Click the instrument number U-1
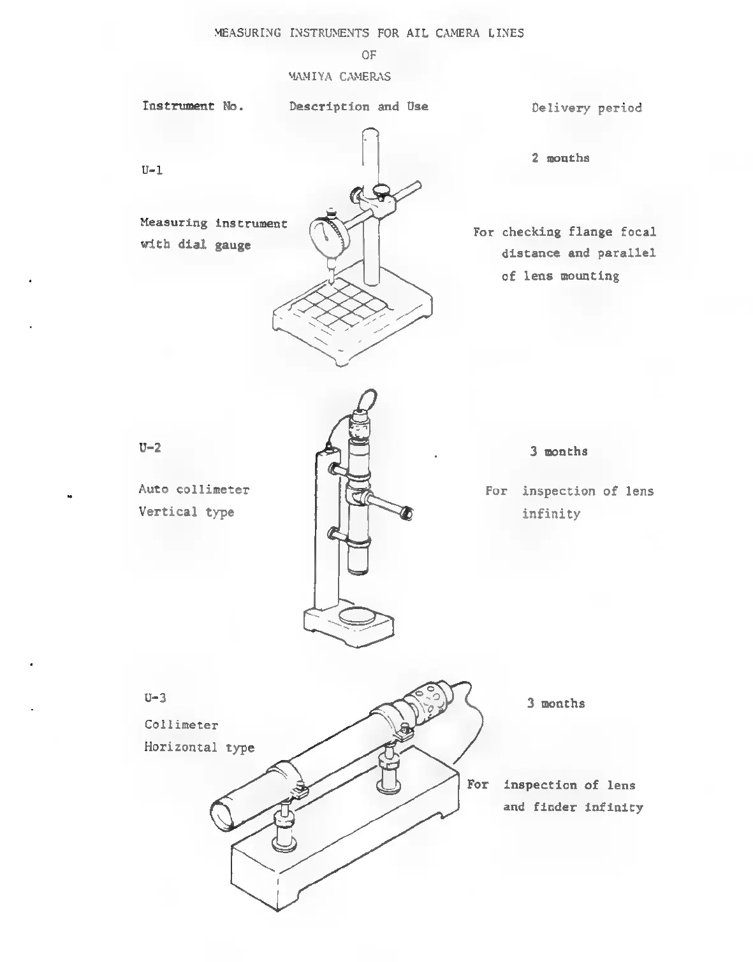click(152, 171)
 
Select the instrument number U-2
click(150, 447)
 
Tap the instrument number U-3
click(156, 697)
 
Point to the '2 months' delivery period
click(560, 158)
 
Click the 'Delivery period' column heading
click(587, 108)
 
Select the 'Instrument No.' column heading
click(193, 106)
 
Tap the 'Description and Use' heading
click(358, 106)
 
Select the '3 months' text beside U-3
click(555, 703)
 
